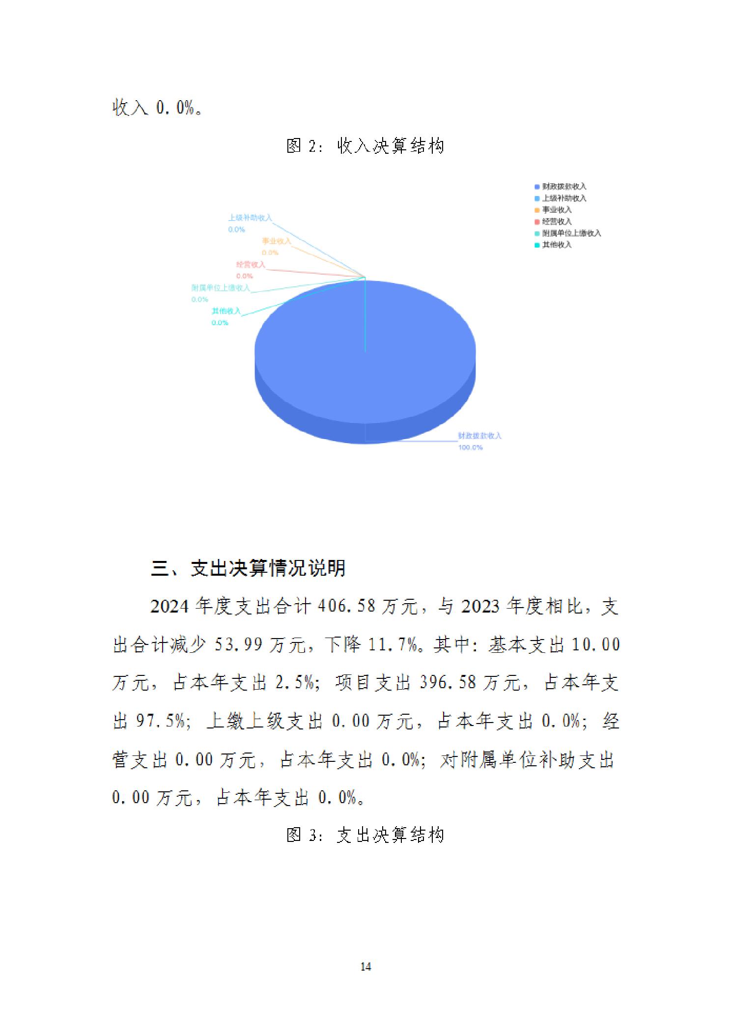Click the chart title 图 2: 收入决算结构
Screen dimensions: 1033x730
[365, 146]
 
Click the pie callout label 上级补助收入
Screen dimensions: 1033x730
[250, 218]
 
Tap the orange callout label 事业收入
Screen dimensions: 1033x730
[276, 241]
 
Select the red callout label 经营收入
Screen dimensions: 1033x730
[251, 265]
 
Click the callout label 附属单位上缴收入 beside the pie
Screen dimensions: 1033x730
[221, 288]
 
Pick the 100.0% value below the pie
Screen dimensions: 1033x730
[470, 447]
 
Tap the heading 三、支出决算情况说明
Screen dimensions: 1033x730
[248, 568]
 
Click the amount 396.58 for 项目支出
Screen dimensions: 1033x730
[448, 683]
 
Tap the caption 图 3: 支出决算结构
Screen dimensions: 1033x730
[365, 835]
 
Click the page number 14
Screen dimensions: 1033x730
[365, 967]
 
